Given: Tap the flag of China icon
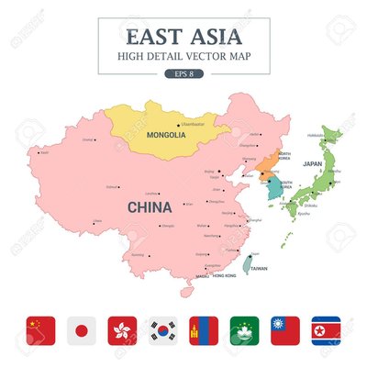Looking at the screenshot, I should [x=41, y=328].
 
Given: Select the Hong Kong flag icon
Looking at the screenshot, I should [x=122, y=328].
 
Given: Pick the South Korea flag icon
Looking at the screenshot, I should [x=163, y=328].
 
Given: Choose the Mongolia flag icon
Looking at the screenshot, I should [x=203, y=328].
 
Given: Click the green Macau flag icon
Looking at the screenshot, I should [x=243, y=328].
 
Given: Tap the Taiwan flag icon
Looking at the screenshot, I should [x=284, y=328].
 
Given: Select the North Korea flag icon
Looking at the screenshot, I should [x=326, y=328].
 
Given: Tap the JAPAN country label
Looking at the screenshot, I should [x=312, y=164].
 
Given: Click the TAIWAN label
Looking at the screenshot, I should [x=259, y=269].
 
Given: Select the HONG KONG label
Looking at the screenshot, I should [x=224, y=275].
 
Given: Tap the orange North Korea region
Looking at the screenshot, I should [x=264, y=165].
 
